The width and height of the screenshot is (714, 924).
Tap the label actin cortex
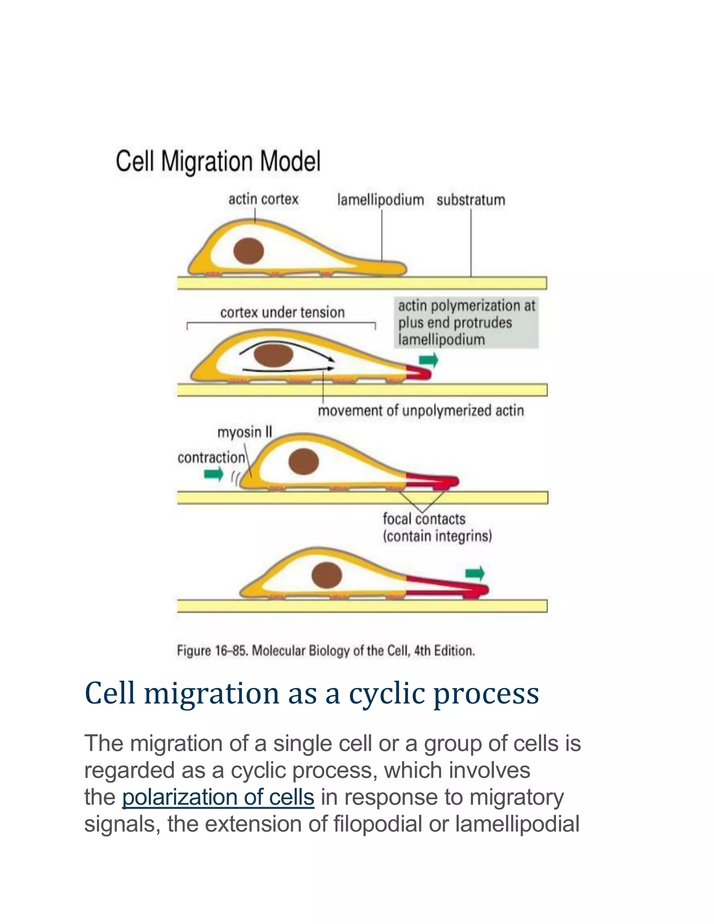pos(263,199)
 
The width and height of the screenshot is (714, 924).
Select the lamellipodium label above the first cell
pos(380,200)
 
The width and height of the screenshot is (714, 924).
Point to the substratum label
pos(471,200)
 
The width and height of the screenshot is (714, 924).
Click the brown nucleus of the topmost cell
pos(249,251)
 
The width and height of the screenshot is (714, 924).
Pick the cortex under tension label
pos(282,313)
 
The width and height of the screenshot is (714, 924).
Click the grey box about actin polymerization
pos(466,323)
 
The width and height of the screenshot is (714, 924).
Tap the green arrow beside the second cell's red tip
pos(428,361)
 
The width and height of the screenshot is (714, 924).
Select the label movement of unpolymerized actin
pos(420,410)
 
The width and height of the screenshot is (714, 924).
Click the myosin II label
pos(244,432)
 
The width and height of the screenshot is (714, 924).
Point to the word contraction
pos(211,458)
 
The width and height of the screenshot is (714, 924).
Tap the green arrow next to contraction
pos(214,474)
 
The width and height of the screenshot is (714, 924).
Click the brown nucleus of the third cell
pos(303,461)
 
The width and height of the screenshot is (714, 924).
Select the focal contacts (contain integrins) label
pos(436,528)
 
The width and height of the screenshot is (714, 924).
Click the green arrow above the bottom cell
pos(474,574)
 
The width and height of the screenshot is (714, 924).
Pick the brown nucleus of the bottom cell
pos(327,575)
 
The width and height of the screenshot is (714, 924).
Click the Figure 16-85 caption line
pos(326,650)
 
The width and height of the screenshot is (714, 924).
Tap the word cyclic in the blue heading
pos(387,694)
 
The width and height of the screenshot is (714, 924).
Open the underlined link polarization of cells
pos(218,797)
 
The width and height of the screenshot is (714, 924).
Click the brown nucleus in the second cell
pos(274,355)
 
